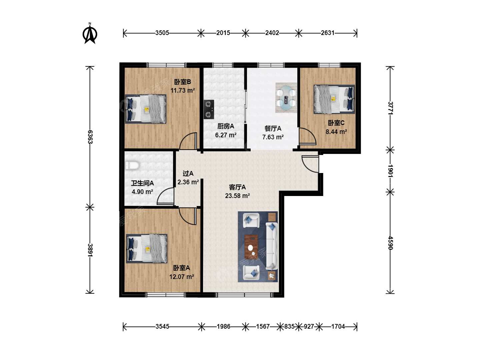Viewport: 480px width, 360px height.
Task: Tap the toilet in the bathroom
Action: tap(132, 165)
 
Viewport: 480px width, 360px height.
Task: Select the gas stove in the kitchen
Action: tap(209, 109)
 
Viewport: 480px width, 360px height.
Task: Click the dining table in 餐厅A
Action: tap(286, 98)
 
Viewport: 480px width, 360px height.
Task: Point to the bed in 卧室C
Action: tap(334, 99)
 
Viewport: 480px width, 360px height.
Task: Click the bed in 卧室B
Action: tap(145, 109)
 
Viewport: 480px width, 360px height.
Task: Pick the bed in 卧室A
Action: tap(147, 249)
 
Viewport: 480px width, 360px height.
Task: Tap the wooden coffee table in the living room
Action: tap(251, 247)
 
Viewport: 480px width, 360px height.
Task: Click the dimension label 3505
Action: tap(162, 33)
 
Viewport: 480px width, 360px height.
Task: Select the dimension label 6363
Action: tap(90, 137)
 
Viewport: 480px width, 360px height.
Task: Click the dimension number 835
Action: tap(289, 326)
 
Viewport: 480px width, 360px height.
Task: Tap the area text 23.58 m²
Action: tap(237, 196)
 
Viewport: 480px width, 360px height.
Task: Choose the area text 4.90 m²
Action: tap(142, 192)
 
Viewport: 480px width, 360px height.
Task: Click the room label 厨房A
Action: tap(226, 126)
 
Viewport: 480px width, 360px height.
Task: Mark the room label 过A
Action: tap(188, 173)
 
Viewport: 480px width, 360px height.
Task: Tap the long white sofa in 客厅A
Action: tap(272, 246)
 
